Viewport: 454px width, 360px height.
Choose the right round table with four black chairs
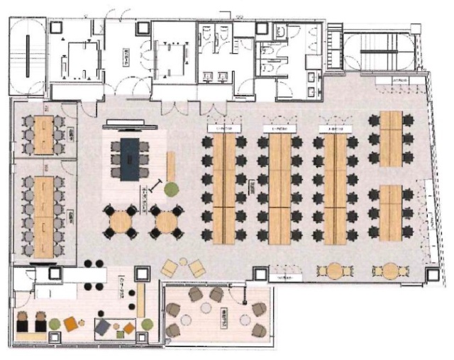(166, 223)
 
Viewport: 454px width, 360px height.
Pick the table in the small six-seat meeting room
(44, 133)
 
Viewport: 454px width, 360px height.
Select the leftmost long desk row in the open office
(223, 189)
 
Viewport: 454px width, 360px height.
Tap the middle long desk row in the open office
(279, 189)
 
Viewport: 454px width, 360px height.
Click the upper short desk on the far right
(390, 139)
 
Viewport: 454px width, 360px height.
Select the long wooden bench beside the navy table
(171, 166)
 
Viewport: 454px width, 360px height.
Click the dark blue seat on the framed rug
(103, 327)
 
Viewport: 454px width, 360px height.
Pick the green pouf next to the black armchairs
(55, 325)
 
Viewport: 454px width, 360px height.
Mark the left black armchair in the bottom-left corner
(23, 322)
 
